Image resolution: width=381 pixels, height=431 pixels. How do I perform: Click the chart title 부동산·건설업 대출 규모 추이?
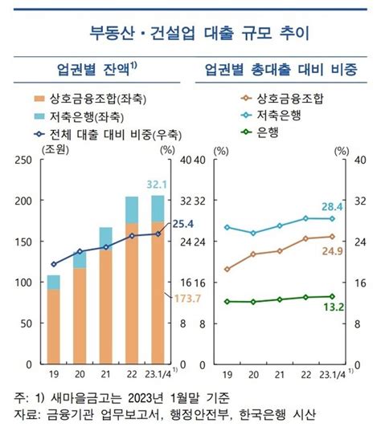click(x=190, y=34)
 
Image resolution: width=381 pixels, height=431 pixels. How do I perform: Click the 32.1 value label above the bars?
click(x=158, y=184)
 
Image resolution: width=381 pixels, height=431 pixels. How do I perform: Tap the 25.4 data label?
click(x=182, y=224)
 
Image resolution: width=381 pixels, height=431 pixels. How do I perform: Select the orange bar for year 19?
click(x=53, y=326)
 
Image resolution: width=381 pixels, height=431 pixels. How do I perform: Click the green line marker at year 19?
click(x=227, y=302)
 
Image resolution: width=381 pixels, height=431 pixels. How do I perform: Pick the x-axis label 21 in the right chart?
click(x=280, y=374)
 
